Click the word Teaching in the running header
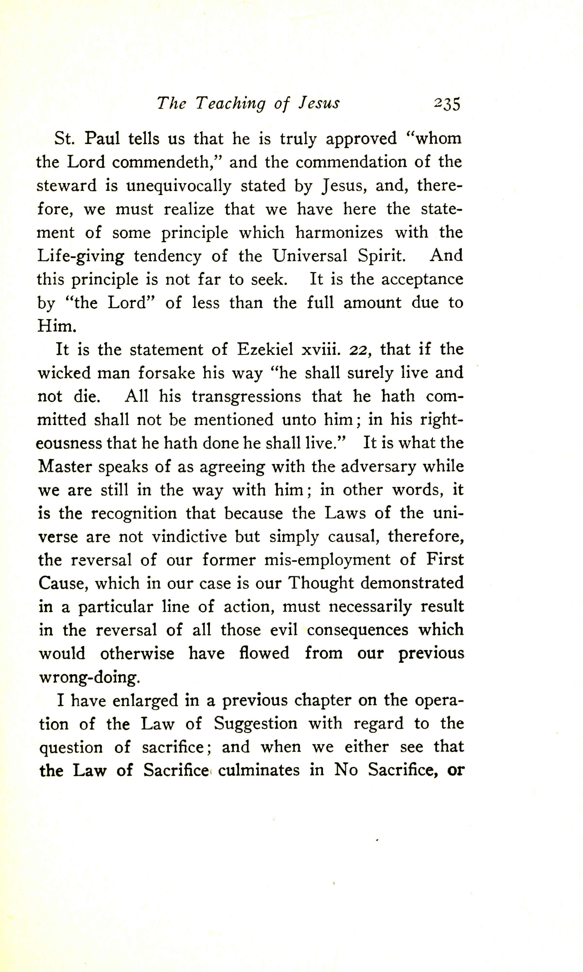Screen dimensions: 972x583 (x=231, y=104)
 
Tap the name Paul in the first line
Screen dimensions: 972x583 (x=102, y=139)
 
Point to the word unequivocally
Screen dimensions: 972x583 (x=178, y=186)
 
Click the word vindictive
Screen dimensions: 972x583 (x=189, y=537)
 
